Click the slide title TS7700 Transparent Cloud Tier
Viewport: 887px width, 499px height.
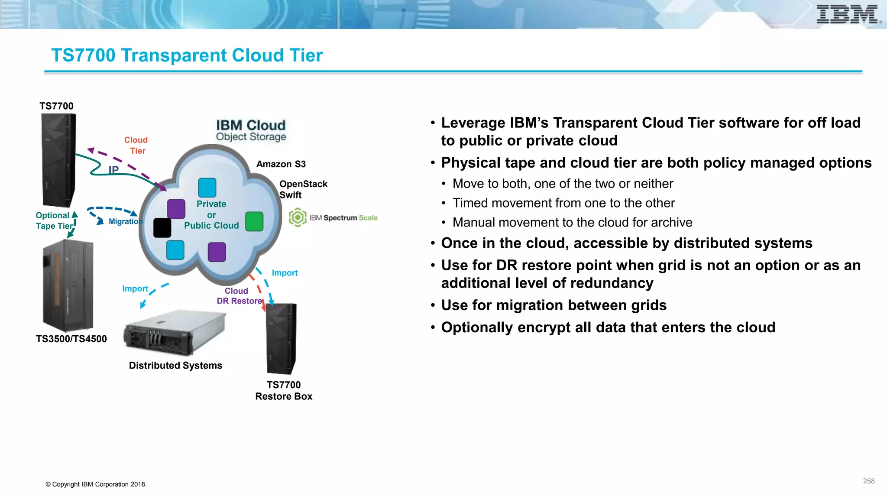[x=187, y=55]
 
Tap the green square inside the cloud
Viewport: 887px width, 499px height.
[x=254, y=221]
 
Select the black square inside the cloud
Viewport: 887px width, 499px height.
[x=162, y=227]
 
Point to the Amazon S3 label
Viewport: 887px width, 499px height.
[x=281, y=164]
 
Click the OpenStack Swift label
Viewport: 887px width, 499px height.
[x=303, y=189]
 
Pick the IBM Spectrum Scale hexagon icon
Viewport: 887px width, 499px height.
[x=298, y=217]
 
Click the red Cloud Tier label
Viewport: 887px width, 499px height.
[x=136, y=146]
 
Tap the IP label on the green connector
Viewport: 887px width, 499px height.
[x=113, y=170]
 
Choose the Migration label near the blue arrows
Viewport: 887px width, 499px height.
[x=125, y=221]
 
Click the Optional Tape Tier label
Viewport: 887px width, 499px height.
[x=53, y=220]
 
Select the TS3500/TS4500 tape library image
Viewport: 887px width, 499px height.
[x=68, y=285]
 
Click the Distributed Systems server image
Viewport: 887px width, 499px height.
[x=175, y=333]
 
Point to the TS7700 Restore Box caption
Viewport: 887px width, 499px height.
[x=284, y=390]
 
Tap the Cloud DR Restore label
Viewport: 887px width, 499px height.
[x=239, y=296]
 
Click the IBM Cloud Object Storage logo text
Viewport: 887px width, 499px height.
[x=251, y=130]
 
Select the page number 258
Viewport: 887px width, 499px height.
[x=868, y=481]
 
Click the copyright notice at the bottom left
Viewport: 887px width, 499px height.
[x=96, y=484]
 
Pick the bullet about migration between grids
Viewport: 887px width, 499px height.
[x=554, y=305]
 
